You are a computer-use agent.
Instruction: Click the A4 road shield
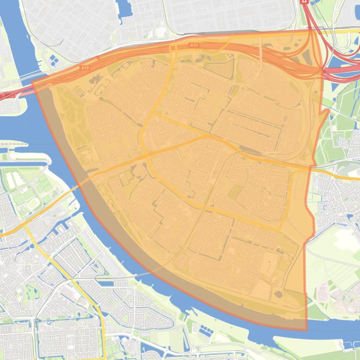tap(304, 2)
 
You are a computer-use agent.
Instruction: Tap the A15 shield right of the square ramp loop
tap(194, 45)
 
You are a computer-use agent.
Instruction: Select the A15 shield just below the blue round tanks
tap(84, 68)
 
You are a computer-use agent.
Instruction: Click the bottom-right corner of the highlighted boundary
tap(307, 330)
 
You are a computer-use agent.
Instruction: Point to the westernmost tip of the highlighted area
tap(32, 82)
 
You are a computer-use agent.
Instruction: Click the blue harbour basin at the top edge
tap(124, 12)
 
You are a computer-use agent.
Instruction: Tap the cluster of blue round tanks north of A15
tap(54, 59)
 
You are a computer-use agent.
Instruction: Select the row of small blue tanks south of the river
tap(206, 331)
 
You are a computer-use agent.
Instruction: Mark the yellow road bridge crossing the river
tap(80, 184)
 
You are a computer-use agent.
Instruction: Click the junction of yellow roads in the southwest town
tap(26, 228)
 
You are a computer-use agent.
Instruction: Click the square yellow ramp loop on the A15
tap(173, 49)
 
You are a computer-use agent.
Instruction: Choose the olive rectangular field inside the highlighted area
tap(235, 191)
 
